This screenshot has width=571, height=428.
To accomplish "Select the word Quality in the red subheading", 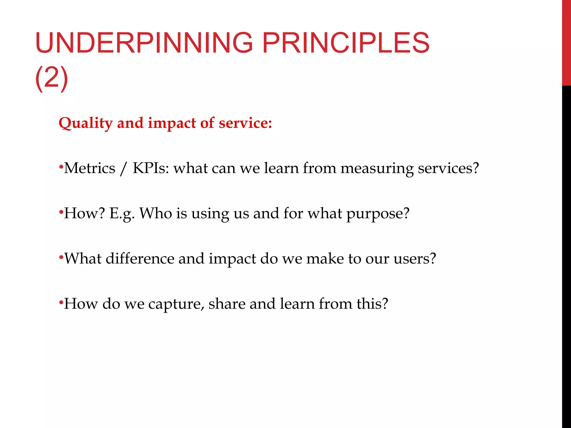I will click(x=85, y=123).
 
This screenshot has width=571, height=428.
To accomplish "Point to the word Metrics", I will click(x=89, y=168).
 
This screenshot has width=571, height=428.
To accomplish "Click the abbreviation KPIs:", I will click(x=151, y=168).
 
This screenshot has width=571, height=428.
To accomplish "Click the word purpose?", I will click(x=378, y=214).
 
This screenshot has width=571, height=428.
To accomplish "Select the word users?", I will click(x=415, y=259).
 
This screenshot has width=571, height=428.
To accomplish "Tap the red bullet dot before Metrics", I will click(x=61, y=167).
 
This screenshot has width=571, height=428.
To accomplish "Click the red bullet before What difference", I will click(x=61, y=257).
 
